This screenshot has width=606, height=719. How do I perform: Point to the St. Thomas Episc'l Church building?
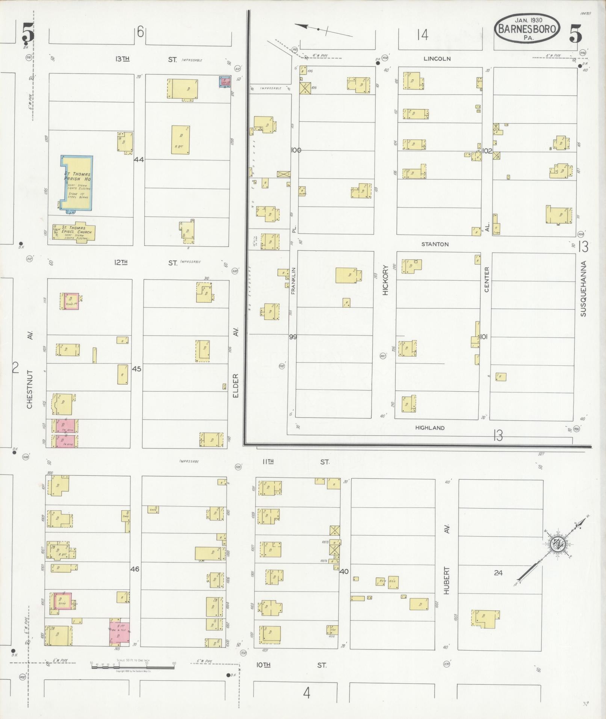74,232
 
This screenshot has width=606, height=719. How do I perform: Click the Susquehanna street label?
583,288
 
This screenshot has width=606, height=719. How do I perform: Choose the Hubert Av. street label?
447,571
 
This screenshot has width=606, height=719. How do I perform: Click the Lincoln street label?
437,59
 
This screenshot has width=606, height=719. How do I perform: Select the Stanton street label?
435,244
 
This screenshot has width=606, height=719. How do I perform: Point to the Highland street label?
430,428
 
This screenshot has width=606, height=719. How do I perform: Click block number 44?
139,159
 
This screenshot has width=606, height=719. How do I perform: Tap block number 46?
134,569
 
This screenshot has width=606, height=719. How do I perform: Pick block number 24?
498,573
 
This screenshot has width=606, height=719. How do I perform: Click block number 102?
487,151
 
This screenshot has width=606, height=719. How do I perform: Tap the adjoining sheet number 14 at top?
422,35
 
